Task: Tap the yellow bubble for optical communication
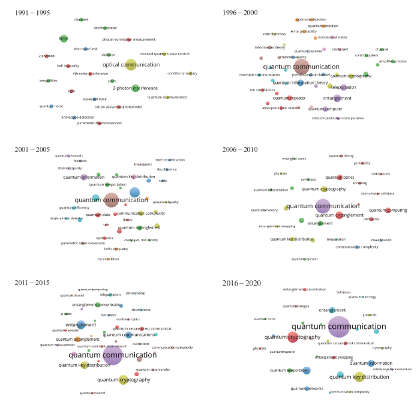tap(131, 65)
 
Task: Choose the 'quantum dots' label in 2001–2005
tap(97, 214)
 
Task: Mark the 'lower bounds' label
tap(380, 240)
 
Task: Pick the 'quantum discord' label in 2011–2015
tap(71, 295)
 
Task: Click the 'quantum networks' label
tap(307, 388)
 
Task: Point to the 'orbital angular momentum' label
tap(392, 369)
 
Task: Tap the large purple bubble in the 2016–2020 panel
tap(338, 326)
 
